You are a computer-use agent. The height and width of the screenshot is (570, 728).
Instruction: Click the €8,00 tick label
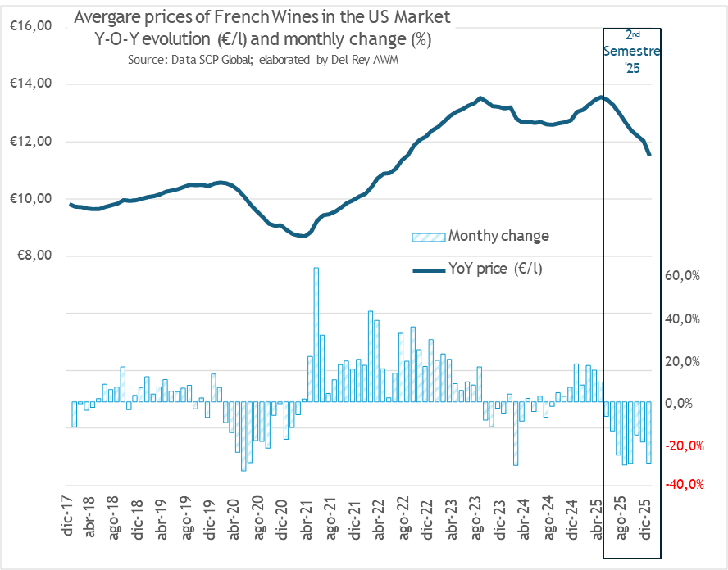(33, 256)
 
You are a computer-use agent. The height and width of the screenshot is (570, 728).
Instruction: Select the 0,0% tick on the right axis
(684, 403)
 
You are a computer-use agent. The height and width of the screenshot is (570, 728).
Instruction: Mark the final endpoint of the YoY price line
(650, 155)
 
